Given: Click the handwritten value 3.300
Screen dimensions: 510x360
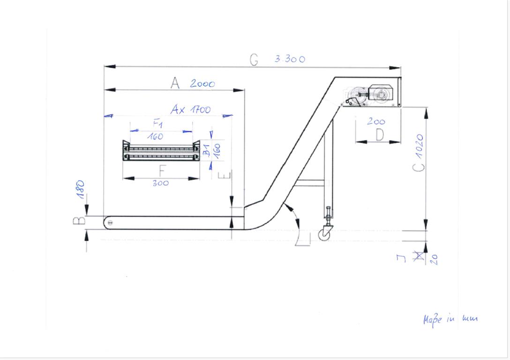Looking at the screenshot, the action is pyautogui.click(x=290, y=59).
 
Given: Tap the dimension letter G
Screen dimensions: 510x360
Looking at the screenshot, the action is pyautogui.click(x=254, y=60).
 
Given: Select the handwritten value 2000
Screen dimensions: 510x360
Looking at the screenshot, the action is pyautogui.click(x=202, y=83).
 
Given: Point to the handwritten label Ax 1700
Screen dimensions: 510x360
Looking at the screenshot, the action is pyautogui.click(x=191, y=109).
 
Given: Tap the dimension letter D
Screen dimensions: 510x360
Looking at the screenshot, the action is pyautogui.click(x=380, y=135).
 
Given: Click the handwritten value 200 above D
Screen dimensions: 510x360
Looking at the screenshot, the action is pyautogui.click(x=376, y=121).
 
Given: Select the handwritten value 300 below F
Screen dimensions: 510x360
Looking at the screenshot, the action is pyautogui.click(x=161, y=183).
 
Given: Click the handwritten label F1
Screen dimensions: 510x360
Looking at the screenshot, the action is pyautogui.click(x=158, y=123).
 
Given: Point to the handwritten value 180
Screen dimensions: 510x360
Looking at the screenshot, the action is pyautogui.click(x=80, y=189).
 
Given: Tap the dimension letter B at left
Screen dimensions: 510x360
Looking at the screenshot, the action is pyautogui.click(x=79, y=221).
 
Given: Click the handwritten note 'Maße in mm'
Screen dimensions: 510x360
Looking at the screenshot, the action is pyautogui.click(x=450, y=319).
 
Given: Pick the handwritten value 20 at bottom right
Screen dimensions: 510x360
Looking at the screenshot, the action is pyautogui.click(x=435, y=259).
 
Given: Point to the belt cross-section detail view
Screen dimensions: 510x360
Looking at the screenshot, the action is pyautogui.click(x=161, y=151).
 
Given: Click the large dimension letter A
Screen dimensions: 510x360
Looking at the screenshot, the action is pyautogui.click(x=175, y=83).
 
